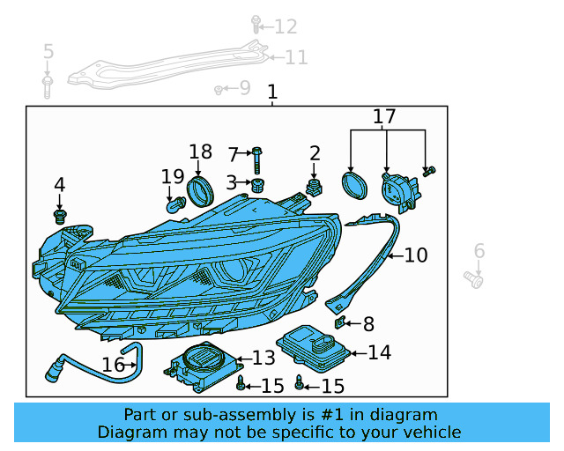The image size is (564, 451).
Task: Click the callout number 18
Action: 201,152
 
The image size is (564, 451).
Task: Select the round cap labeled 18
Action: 202,190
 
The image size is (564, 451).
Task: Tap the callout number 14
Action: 379,353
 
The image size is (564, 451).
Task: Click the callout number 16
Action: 113,365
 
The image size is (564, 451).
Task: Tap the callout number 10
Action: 415,255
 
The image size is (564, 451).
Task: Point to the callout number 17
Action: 384,116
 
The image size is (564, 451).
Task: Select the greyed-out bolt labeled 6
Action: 475,280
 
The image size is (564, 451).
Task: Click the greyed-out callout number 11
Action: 296,58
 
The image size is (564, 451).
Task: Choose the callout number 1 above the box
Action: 272,92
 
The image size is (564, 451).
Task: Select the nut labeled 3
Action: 257,185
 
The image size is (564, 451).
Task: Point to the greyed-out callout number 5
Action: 48,52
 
